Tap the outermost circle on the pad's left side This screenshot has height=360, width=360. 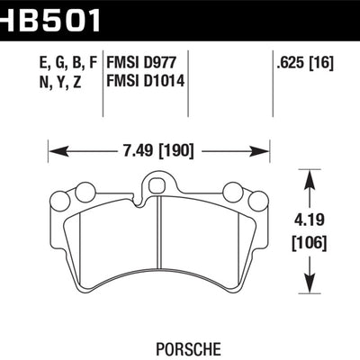pos(63,200)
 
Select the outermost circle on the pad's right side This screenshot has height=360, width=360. pos(255,200)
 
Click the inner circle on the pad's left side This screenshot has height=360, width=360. pos(86,191)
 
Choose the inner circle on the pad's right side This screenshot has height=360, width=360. pos(231,191)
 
